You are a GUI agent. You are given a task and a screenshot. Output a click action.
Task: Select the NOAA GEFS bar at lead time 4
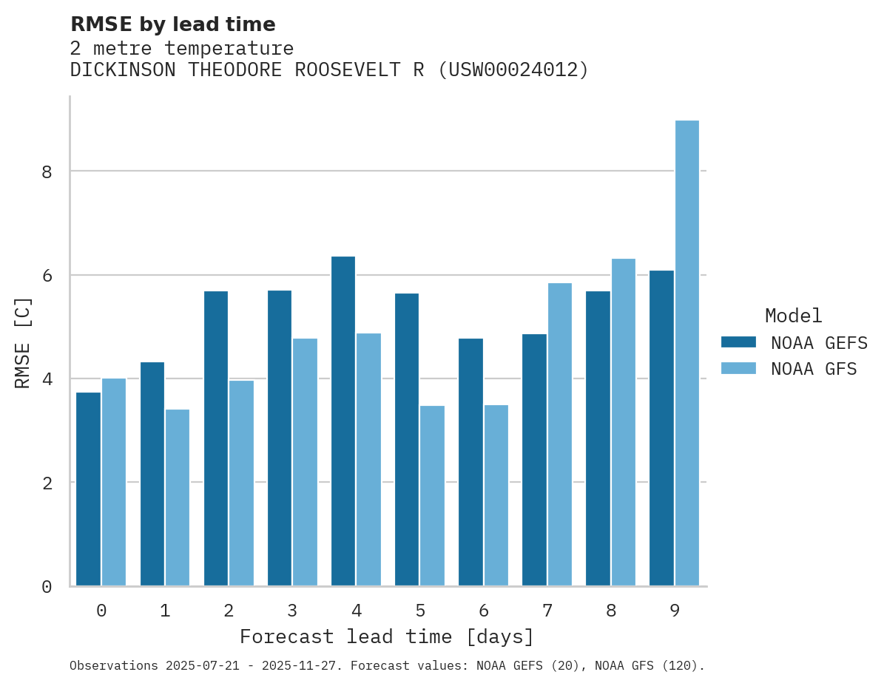[343, 421]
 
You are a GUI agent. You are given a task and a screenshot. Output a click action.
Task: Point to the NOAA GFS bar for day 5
[432, 495]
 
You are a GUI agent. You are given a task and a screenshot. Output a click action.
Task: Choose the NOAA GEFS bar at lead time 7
[534, 460]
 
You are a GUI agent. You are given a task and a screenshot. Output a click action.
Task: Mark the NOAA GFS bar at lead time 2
[241, 483]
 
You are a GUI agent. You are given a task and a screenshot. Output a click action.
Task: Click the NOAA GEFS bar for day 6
[470, 462]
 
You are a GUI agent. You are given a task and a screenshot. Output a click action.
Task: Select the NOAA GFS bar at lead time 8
[623, 422]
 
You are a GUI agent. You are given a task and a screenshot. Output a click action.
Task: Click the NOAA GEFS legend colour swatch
[738, 342]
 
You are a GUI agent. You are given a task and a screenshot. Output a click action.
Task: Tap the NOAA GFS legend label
[814, 369]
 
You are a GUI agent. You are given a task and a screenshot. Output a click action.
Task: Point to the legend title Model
[793, 316]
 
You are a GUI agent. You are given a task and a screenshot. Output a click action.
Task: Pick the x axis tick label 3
[293, 611]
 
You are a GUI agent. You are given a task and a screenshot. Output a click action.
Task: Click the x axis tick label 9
[675, 611]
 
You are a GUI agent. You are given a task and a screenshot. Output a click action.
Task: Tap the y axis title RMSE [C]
[24, 342]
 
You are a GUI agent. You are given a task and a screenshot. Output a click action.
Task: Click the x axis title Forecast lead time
[386, 637]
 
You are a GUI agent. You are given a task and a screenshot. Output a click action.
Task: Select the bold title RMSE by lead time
[172, 24]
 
